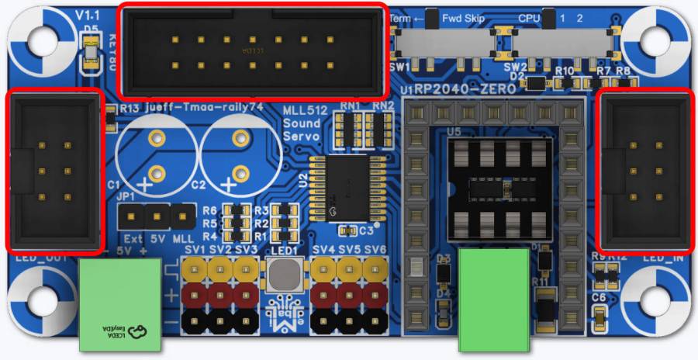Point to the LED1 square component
click(x=285, y=275)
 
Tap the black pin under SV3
click(x=246, y=320)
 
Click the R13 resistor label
click(x=129, y=109)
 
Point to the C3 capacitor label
click(x=367, y=230)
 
